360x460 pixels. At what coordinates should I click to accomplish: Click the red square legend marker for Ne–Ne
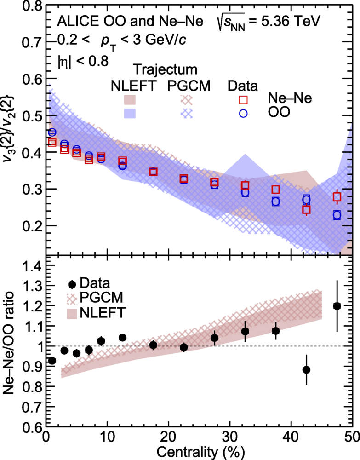243,100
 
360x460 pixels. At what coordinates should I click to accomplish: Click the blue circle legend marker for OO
243,113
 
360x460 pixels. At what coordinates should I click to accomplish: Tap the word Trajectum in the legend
166,70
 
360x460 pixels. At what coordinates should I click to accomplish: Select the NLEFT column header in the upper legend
133,86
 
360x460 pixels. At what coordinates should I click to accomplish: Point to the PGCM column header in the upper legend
189,86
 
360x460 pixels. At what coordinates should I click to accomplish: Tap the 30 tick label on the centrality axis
229,437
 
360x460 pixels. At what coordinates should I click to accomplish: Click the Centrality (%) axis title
201,452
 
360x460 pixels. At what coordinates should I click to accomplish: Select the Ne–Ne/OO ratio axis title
9,343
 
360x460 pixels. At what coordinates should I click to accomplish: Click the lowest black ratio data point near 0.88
306,370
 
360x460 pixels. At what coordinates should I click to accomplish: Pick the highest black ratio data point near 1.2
337,306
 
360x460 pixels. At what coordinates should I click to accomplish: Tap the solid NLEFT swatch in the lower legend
72,313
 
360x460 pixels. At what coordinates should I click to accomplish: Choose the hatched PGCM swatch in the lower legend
72,299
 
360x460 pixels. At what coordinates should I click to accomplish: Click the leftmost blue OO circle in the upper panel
52,132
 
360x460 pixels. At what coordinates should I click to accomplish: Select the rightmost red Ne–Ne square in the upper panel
337,197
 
